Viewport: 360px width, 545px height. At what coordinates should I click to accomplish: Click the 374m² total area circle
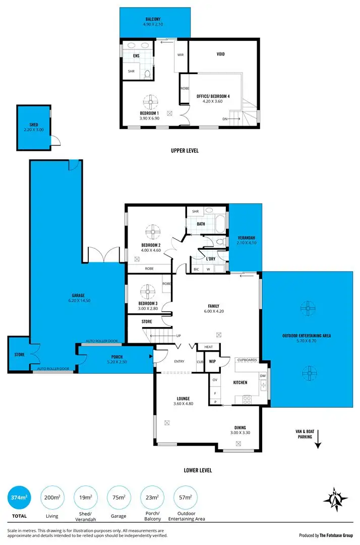pos(19,499)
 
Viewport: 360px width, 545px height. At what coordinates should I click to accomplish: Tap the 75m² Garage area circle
pos(118,499)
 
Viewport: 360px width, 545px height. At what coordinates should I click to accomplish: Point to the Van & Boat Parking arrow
pos(318,444)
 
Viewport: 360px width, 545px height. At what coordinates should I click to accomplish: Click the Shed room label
pos(33,125)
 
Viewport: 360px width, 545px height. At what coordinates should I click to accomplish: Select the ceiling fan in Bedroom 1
pos(150,100)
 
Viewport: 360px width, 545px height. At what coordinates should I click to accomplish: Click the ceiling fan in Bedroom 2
pos(153,233)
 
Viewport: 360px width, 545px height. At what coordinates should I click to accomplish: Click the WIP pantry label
pos(212,361)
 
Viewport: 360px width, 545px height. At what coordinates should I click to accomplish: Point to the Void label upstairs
pos(220,54)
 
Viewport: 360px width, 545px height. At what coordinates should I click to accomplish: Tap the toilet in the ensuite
pos(147,74)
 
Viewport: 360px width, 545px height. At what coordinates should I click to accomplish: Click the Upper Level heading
pos(184,150)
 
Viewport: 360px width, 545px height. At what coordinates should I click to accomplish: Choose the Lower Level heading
pos(198,470)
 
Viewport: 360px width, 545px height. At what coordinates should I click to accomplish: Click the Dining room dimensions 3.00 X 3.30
pos(241,432)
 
